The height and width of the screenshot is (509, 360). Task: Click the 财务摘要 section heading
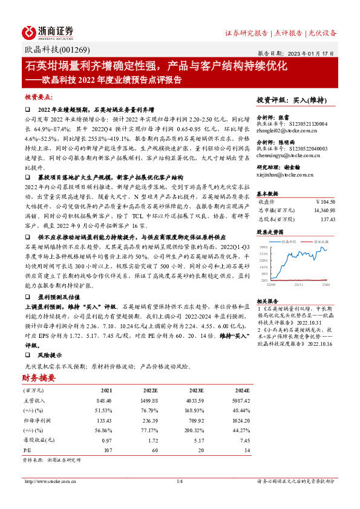39,378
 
